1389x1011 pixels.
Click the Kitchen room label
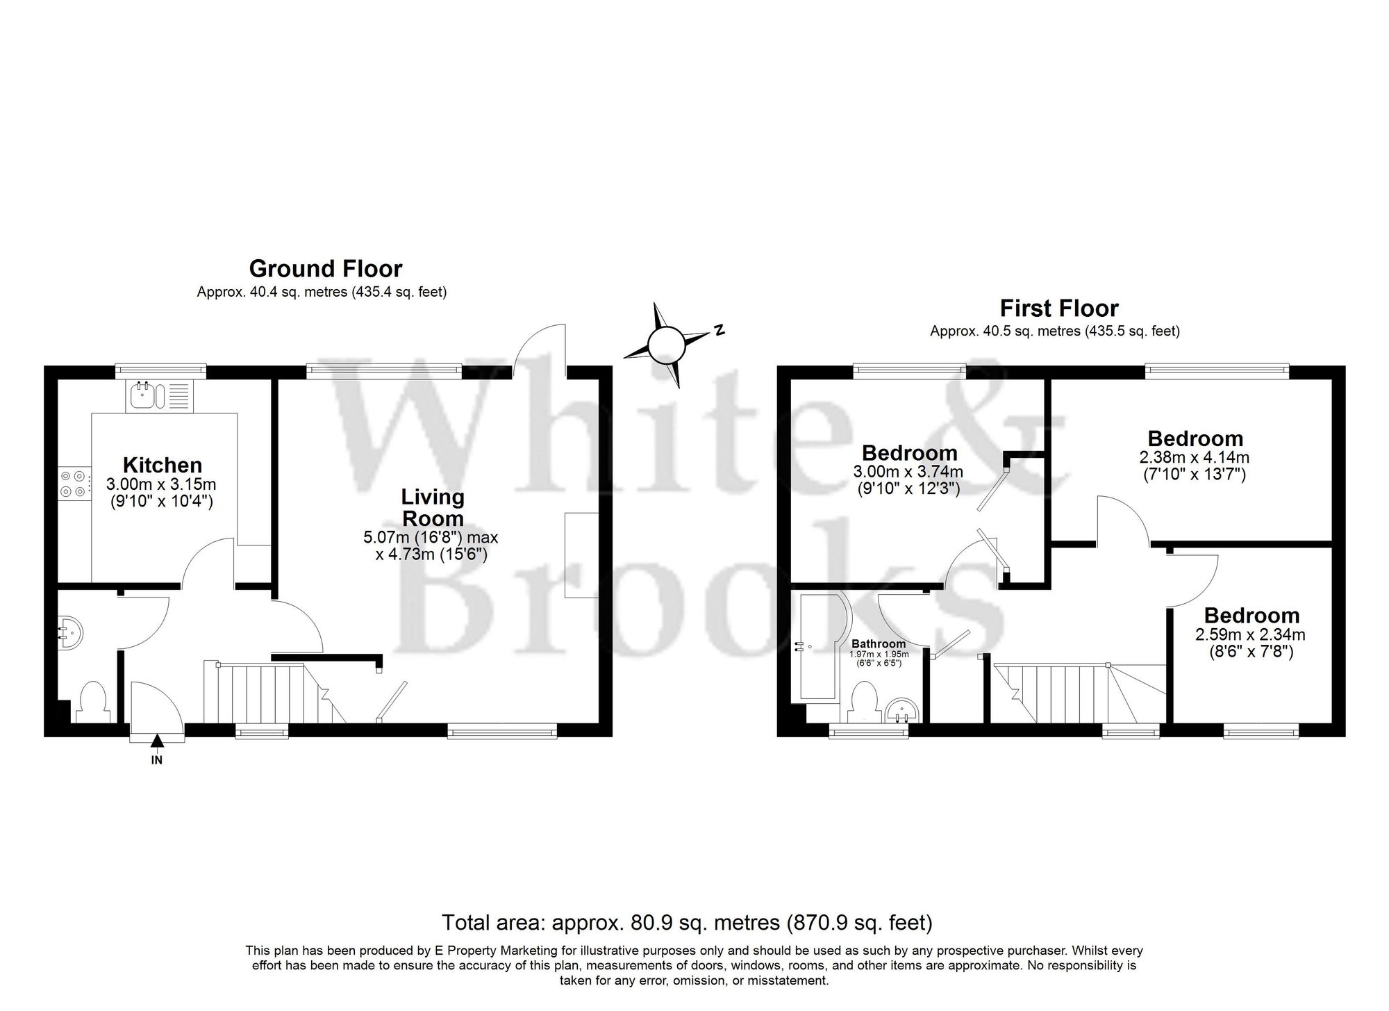click(162, 465)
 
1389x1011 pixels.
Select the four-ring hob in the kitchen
click(73, 484)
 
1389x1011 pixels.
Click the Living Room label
click(433, 508)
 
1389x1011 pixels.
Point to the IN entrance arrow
click(157, 744)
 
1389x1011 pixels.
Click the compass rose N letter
click(720, 331)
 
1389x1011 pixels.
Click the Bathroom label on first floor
click(879, 643)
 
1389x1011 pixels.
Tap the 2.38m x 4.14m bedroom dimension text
click(1195, 458)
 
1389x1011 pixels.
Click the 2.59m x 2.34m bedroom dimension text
click(1250, 634)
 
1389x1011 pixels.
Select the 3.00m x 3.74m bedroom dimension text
click(908, 472)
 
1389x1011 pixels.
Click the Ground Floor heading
click(325, 268)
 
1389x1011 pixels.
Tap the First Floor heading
click(1058, 308)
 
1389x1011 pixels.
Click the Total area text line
click(686, 923)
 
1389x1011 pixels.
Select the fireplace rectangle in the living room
click(581, 554)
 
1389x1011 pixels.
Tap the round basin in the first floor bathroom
click(904, 710)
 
